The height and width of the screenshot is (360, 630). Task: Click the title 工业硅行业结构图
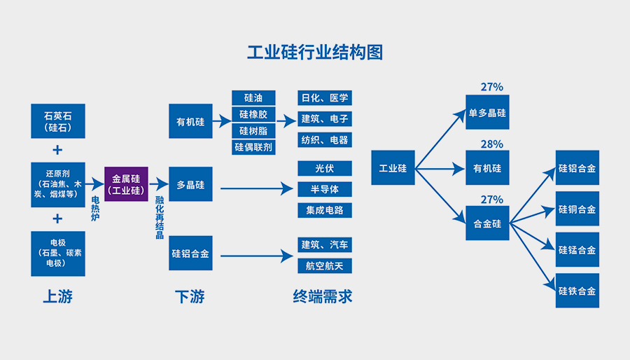(x=315, y=53)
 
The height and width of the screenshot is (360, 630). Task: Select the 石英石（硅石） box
(x=57, y=120)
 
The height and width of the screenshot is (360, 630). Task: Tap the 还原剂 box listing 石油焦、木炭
(x=57, y=185)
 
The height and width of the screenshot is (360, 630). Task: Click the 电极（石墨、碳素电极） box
(x=57, y=254)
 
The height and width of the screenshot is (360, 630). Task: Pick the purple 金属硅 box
(x=127, y=185)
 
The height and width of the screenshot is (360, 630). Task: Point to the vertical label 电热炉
(x=96, y=209)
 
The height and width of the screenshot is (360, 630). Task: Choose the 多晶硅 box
(x=190, y=185)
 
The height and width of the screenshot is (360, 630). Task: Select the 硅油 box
(x=253, y=97)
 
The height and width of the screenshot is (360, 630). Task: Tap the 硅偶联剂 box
(x=253, y=147)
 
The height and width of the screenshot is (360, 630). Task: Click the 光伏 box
(x=324, y=169)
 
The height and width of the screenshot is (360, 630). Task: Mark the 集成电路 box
(x=324, y=210)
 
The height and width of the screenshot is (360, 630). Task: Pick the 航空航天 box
(x=324, y=265)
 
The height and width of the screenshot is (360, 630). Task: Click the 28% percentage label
(x=491, y=144)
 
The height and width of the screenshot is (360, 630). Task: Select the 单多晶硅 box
(x=487, y=112)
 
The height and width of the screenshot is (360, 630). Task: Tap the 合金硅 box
(x=487, y=223)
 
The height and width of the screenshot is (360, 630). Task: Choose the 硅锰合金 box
(x=577, y=250)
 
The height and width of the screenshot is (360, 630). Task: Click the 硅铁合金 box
(x=577, y=291)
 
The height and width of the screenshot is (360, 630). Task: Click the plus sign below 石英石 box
(x=57, y=150)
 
